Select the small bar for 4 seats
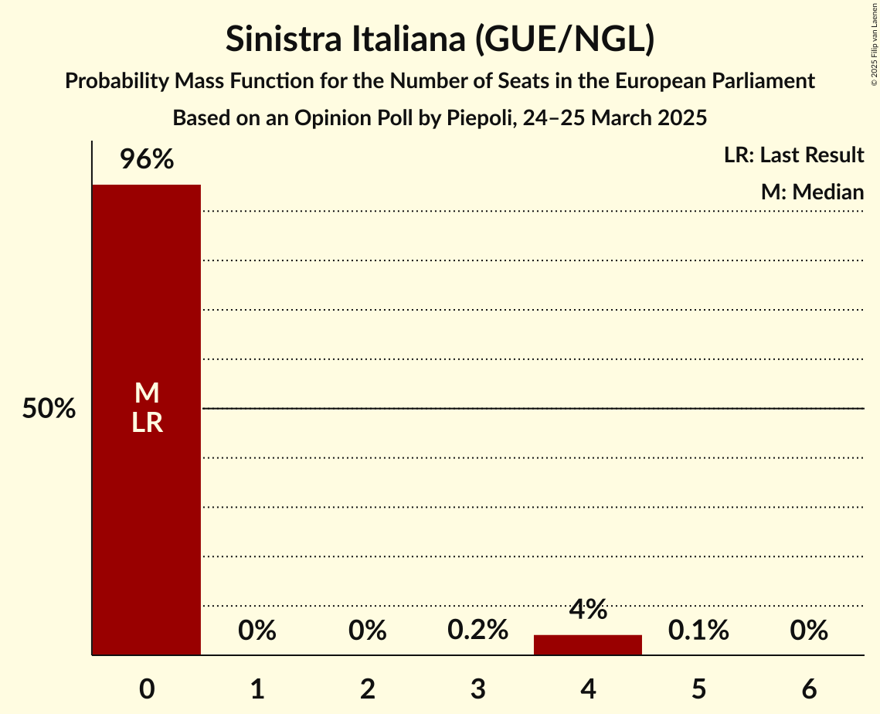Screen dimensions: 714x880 588,645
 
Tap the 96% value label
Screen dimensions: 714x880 146,160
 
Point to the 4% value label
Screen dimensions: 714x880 588,610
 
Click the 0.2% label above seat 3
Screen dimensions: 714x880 477,631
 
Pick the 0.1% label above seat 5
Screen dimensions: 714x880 698,631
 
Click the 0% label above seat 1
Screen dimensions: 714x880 257,631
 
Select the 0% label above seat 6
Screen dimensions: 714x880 809,631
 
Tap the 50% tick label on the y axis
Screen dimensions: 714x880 49,409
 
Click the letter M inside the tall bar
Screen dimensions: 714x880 147,394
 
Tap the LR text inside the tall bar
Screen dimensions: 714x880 147,423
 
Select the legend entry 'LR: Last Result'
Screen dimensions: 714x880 793,155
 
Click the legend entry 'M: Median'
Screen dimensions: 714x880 812,191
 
